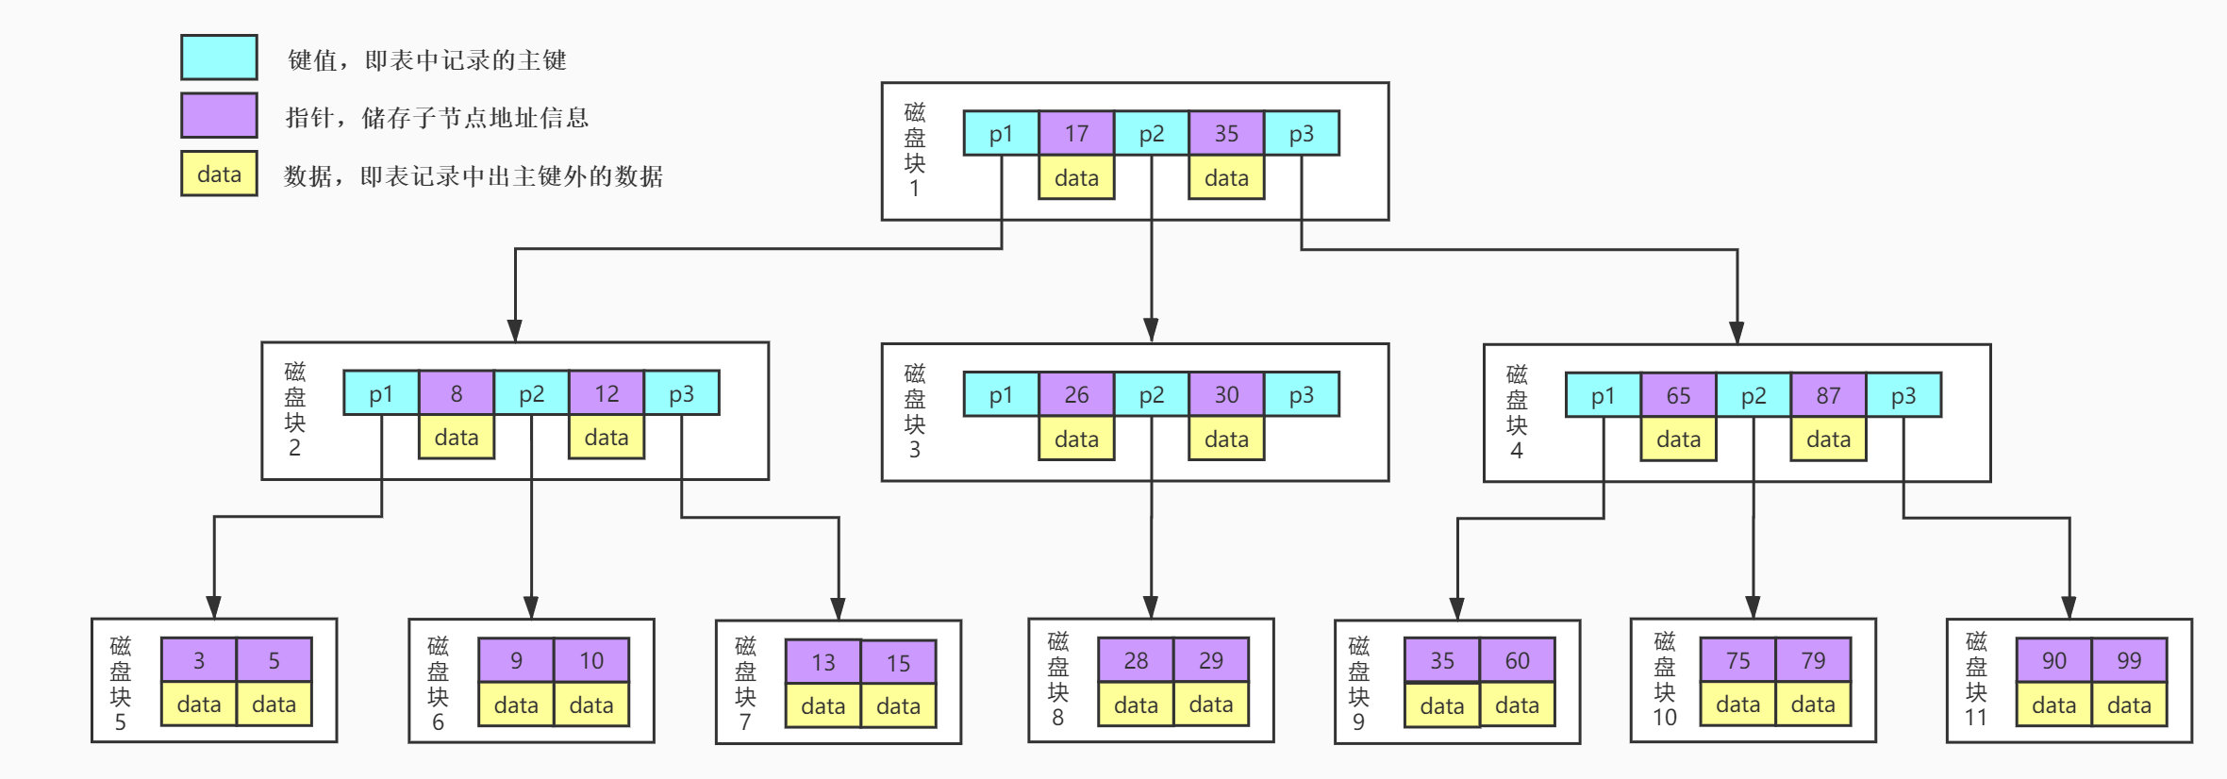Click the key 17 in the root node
click(x=1076, y=133)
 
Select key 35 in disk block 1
click(x=1226, y=133)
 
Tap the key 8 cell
click(x=457, y=393)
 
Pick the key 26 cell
click(x=1076, y=394)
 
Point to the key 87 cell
click(x=1828, y=395)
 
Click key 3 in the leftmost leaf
click(x=199, y=660)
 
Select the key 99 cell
click(x=2129, y=660)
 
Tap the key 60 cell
click(x=1517, y=660)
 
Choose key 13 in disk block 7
click(x=823, y=662)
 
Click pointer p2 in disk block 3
click(x=1151, y=394)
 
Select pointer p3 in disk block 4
click(x=1903, y=395)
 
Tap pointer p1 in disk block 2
click(x=381, y=393)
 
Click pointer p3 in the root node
click(x=1301, y=133)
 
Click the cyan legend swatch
click(x=219, y=58)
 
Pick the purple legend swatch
click(x=219, y=115)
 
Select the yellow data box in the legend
click(x=219, y=174)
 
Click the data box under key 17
click(x=1076, y=177)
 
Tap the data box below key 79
click(x=1813, y=704)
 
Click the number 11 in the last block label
click(x=1976, y=718)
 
